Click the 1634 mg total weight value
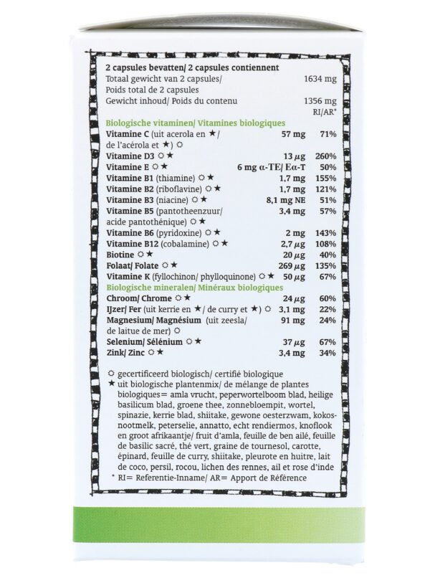320,78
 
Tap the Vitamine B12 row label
130,244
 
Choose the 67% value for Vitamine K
328,277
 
